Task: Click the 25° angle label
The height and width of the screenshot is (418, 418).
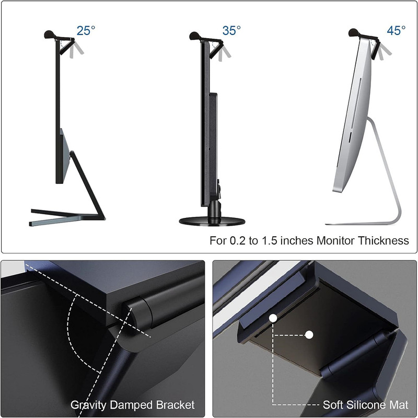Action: pos(86,31)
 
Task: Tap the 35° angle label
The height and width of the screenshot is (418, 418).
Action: pos(231,31)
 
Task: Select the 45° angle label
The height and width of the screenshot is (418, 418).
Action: pos(396,31)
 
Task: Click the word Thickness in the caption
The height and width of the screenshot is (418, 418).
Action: pos(383,240)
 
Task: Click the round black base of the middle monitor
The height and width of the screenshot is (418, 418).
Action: pos(212,221)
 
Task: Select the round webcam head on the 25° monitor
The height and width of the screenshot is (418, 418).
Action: pos(50,34)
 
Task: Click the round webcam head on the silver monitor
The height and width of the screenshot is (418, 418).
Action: pos(354,32)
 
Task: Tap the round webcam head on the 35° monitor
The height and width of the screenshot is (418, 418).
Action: pos(195,36)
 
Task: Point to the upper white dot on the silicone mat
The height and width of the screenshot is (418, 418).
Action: pos(273,318)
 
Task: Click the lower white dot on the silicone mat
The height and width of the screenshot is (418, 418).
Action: pos(309,335)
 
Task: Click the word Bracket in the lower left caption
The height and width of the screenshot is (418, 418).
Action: pos(175,404)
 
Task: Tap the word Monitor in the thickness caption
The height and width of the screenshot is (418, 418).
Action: pos(336,240)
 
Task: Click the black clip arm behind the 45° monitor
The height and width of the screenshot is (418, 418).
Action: pos(375,50)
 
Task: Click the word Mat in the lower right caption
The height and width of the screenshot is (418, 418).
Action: pos(398,404)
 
